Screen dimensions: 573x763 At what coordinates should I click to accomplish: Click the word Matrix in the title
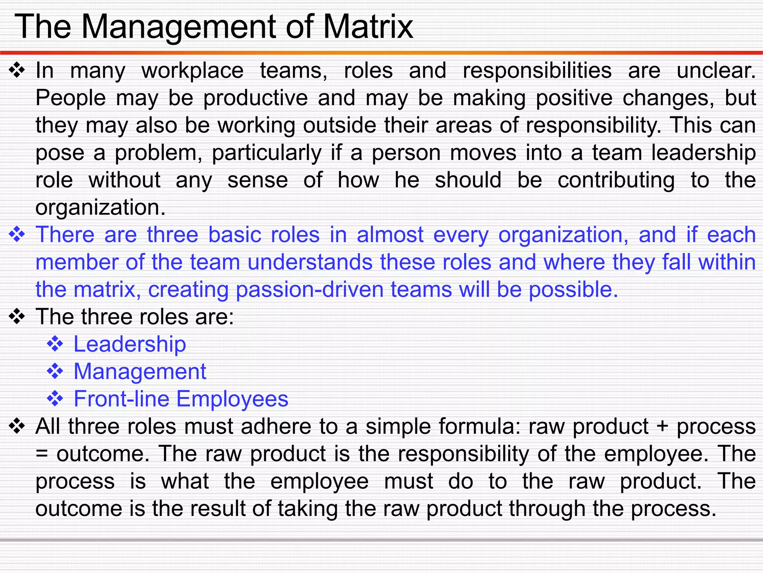[368, 27]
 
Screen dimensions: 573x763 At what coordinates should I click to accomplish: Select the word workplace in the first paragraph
[192, 71]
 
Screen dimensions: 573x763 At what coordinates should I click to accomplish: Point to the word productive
[256, 98]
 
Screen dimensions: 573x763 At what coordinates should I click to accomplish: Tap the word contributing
[616, 181]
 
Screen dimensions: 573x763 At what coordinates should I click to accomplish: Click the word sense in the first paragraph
[257, 180]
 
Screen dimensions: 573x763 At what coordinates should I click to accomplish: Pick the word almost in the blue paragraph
[390, 235]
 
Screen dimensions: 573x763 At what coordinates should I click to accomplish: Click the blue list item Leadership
[130, 344]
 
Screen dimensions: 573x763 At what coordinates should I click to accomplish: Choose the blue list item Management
[140, 372]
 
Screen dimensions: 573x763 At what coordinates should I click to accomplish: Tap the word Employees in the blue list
[232, 399]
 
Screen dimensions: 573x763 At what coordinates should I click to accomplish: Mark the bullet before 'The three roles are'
[17, 317]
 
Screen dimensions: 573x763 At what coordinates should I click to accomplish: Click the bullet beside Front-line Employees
[55, 399]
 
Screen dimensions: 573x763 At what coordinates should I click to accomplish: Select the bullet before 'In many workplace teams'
[17, 71]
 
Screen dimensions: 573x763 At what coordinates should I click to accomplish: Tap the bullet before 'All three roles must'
[17, 426]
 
